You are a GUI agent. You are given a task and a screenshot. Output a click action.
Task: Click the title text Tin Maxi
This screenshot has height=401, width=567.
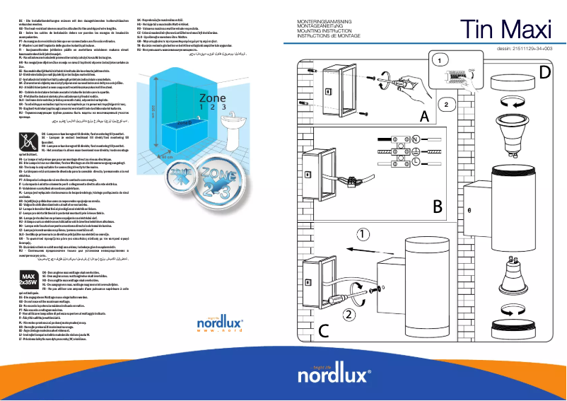tap(507, 26)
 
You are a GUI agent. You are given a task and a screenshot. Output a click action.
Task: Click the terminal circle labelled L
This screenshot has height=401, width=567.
tap(416, 162)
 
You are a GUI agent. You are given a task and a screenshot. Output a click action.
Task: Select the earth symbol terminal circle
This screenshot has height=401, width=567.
tap(416, 151)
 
